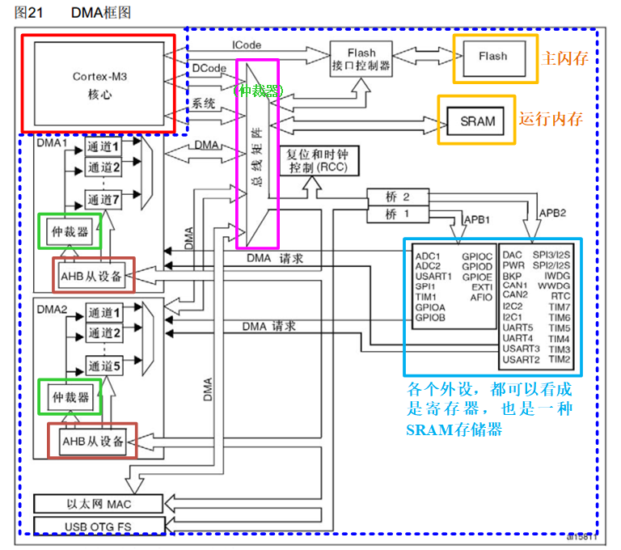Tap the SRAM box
[x=477, y=121]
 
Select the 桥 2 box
[x=396, y=197]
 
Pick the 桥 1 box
[x=396, y=214]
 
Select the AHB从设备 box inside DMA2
[x=93, y=440]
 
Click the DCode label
[x=209, y=69]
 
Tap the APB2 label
[x=553, y=212]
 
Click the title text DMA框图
[x=100, y=13]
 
